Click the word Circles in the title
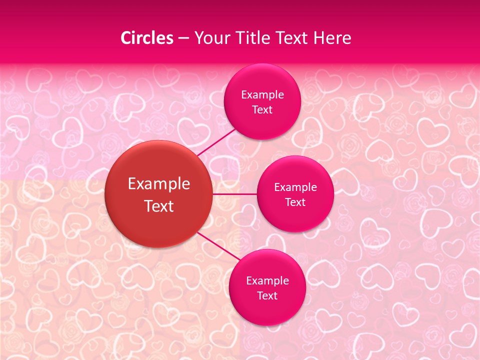pos(147,38)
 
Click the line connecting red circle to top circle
pos(217,142)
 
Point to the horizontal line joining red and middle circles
pos(234,194)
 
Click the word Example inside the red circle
pos(159,184)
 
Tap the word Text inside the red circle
pos(159,206)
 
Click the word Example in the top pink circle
pos(262,95)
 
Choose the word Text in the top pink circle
pos(262,110)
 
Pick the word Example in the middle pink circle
pos(295,187)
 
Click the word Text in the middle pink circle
pos(295,202)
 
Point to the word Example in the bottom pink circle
pos(267,281)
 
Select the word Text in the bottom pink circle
pos(267,296)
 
